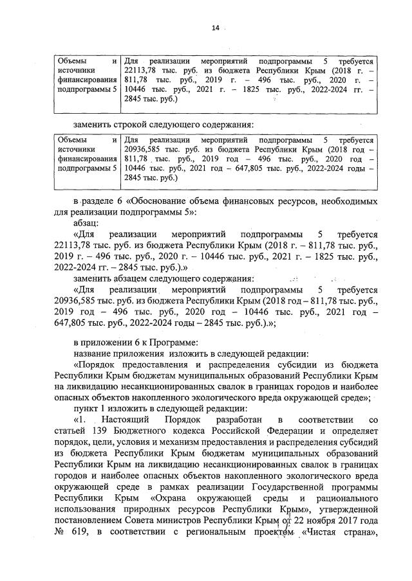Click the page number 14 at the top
216,28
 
